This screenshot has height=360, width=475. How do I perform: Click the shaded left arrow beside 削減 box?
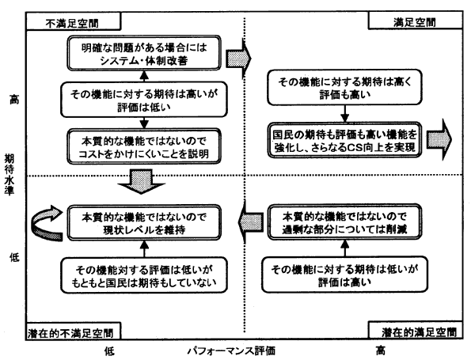(x=252, y=219)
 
